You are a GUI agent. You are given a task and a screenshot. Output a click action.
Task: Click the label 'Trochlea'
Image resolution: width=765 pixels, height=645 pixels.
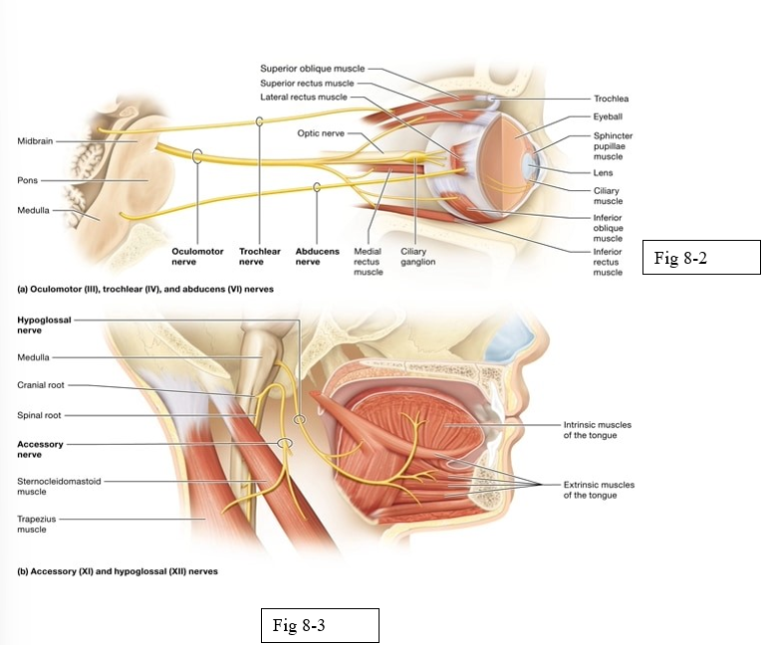click(611, 99)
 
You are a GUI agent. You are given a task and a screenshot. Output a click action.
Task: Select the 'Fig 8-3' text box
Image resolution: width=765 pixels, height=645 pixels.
click(319, 625)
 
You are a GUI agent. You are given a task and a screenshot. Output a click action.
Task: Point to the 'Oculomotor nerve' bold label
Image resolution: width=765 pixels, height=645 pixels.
click(196, 257)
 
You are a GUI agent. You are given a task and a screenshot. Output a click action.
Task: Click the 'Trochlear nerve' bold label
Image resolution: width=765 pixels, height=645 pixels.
click(257, 257)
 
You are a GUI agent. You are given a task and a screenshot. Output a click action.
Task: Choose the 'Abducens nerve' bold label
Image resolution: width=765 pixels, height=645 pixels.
click(317, 257)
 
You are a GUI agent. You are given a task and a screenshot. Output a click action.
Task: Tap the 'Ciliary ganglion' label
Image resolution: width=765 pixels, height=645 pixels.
click(414, 257)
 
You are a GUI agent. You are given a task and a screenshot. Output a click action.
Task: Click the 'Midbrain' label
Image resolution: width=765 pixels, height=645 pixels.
click(35, 141)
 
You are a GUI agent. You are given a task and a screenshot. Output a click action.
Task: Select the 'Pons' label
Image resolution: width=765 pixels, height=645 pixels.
click(27, 180)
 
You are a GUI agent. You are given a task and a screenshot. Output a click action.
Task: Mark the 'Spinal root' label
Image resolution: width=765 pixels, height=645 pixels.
click(38, 415)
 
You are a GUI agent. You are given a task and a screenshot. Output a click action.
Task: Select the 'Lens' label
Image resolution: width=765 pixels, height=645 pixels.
click(603, 172)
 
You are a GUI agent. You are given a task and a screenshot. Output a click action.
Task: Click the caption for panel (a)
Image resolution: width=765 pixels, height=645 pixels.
click(145, 289)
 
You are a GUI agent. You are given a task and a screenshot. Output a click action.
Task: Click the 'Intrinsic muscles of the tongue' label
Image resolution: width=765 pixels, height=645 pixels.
click(598, 430)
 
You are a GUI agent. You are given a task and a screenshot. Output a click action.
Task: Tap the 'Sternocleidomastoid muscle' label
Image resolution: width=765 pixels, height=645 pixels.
click(58, 486)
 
